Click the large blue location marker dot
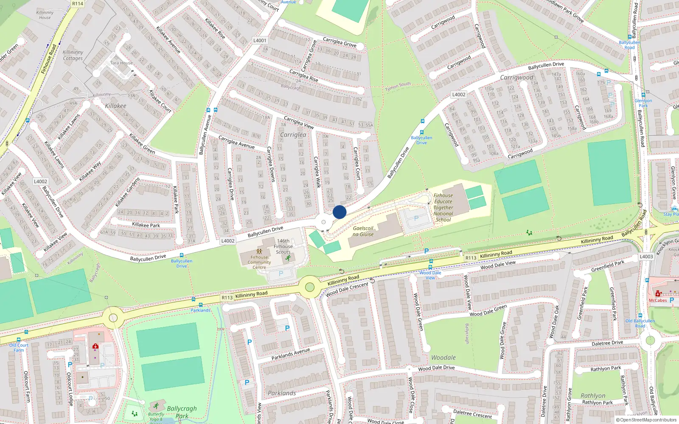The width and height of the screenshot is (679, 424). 339,212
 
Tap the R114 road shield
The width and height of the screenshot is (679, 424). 78,3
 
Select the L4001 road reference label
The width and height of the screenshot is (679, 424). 260,41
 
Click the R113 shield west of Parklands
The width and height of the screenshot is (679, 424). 227,298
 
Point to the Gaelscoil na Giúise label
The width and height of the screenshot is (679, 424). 363,231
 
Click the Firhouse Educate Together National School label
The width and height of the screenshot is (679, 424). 443,208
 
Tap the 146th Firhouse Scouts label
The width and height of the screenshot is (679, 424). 283,246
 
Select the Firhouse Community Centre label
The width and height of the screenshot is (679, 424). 259,262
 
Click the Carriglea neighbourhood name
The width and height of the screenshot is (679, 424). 293,135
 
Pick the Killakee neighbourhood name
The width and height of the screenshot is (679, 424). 115,106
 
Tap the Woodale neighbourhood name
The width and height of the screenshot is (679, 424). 443,358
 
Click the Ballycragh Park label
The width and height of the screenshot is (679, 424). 182,412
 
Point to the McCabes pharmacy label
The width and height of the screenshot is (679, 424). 658,301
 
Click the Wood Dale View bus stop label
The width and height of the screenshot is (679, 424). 430,275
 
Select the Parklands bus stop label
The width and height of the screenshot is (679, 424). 200,310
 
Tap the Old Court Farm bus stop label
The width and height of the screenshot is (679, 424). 19,348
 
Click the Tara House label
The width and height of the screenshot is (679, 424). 121,63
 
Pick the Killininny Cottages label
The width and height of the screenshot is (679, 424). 73,56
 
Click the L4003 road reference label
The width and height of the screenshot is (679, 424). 646,257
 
